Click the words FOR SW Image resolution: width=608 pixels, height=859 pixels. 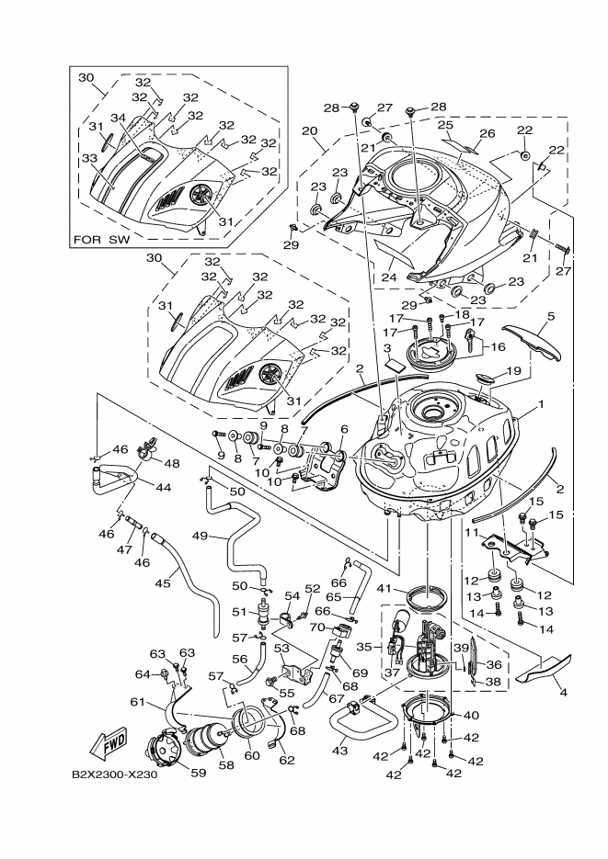click(x=103, y=241)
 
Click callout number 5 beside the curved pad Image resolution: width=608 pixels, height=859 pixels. click(x=551, y=316)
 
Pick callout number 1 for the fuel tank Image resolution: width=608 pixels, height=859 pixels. click(x=543, y=403)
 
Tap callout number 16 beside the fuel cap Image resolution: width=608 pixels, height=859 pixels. click(x=499, y=347)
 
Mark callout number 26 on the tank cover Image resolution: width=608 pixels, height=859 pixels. click(x=488, y=134)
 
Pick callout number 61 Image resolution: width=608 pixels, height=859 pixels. click(x=138, y=702)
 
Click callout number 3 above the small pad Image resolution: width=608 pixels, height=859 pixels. click(x=388, y=349)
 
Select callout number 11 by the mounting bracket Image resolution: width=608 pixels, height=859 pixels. click(x=470, y=532)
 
